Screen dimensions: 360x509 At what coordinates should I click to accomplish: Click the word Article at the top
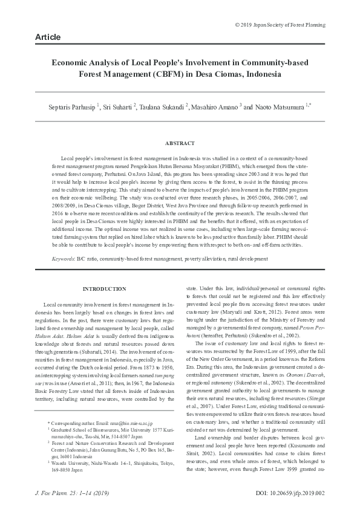(x=48, y=37)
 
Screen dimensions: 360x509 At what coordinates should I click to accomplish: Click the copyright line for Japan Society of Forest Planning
(x=280, y=25)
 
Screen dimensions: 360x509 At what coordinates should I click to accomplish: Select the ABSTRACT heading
(x=180, y=143)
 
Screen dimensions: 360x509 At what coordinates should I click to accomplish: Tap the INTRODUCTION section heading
(x=104, y=289)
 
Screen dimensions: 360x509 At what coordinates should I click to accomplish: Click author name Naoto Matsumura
(x=282, y=107)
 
